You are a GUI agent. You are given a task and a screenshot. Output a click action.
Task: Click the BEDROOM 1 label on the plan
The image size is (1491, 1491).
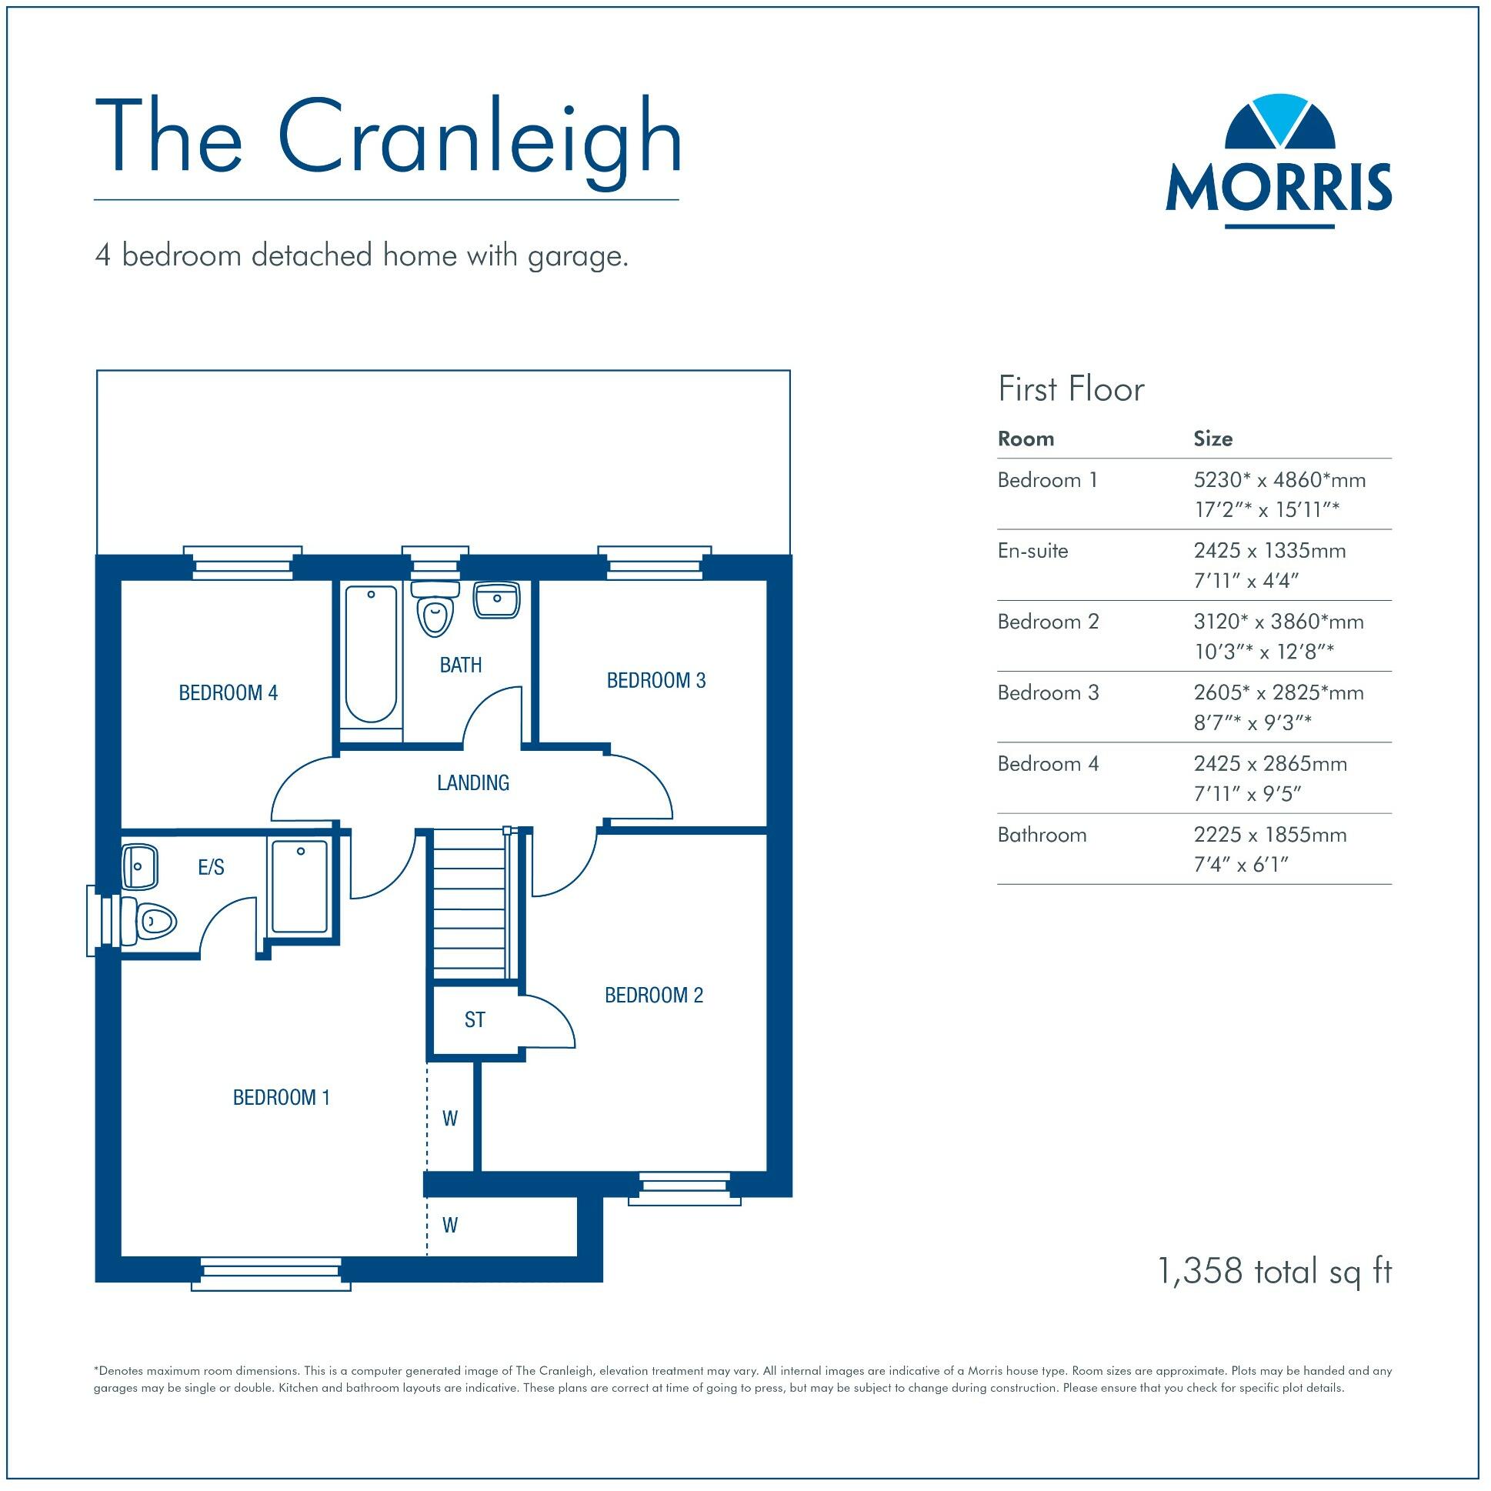click(282, 1097)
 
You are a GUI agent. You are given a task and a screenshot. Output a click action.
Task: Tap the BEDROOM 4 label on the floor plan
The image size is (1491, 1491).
click(228, 693)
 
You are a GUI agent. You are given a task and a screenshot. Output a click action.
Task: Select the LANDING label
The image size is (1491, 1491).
click(473, 783)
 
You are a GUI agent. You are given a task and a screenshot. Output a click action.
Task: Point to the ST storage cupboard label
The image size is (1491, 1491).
click(475, 1020)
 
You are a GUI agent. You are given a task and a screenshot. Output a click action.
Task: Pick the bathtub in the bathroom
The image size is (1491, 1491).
click(371, 655)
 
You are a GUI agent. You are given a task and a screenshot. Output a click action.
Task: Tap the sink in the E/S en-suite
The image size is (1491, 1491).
click(140, 866)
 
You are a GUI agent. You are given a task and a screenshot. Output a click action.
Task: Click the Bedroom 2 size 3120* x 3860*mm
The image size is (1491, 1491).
click(1278, 622)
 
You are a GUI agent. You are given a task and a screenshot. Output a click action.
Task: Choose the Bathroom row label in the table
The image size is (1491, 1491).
click(1042, 835)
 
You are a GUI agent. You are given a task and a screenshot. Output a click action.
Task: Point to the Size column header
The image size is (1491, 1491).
click(1212, 439)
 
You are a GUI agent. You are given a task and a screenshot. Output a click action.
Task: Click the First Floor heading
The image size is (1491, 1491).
click(1070, 389)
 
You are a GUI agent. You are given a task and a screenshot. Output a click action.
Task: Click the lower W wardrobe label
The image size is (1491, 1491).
click(450, 1225)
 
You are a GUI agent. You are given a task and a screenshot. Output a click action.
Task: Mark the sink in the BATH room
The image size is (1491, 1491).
click(496, 600)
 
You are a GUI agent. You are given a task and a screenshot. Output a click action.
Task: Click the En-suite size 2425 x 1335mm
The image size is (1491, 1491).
click(1269, 551)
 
